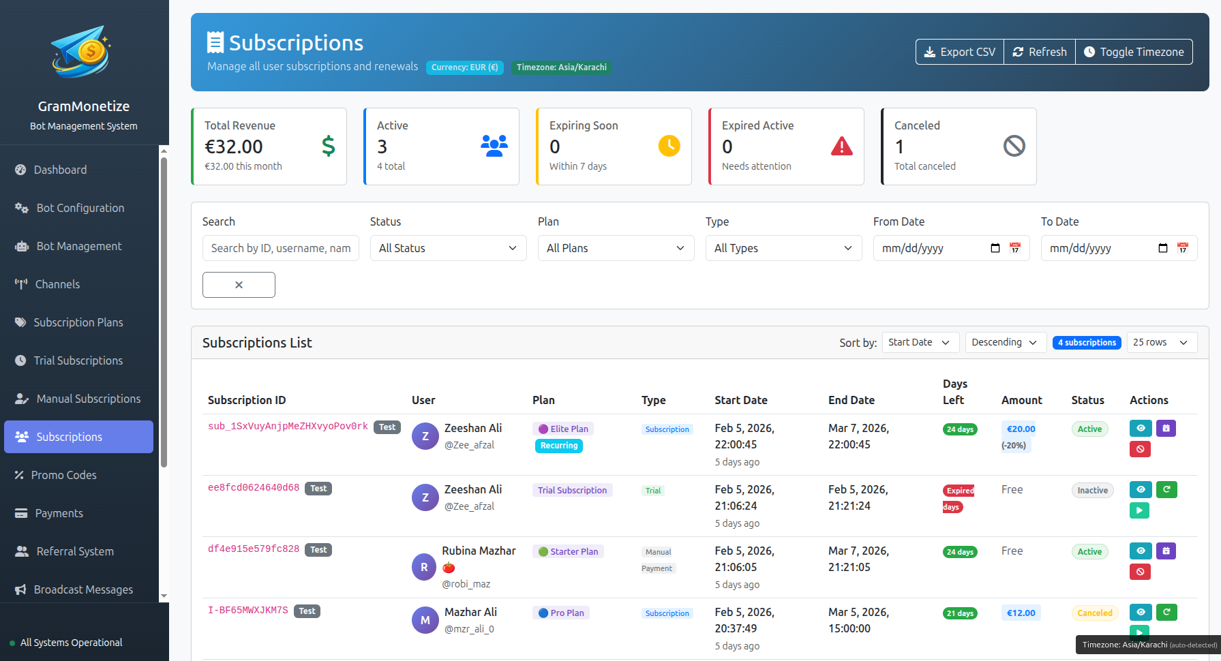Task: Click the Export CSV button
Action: click(x=959, y=52)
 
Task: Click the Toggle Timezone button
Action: click(x=1134, y=52)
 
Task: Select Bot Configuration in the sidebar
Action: click(x=80, y=208)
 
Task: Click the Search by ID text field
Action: click(x=280, y=248)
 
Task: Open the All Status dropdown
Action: click(x=448, y=248)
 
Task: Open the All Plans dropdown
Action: click(x=616, y=248)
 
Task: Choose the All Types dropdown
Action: click(x=783, y=248)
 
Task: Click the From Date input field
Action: click(x=934, y=248)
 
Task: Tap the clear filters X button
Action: click(x=239, y=285)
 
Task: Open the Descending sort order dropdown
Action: click(x=1004, y=342)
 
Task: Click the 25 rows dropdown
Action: click(x=1160, y=342)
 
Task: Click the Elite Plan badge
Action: click(x=563, y=429)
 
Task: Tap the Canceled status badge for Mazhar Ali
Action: click(x=1094, y=613)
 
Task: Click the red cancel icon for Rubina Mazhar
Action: click(x=1140, y=572)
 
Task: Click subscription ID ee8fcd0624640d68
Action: click(x=254, y=488)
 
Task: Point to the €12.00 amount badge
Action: click(x=1021, y=613)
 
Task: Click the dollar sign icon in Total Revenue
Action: click(x=328, y=146)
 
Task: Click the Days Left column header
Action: click(x=954, y=392)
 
